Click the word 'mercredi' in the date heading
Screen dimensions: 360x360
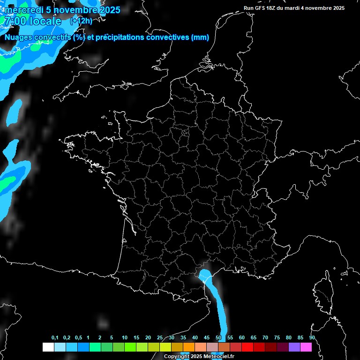tap(23, 10)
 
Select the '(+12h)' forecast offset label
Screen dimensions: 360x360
tap(81, 21)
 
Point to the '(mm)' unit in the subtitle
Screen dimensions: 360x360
tap(200, 37)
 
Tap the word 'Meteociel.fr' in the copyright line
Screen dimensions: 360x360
tap(219, 357)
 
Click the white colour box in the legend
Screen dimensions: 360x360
tap(48, 347)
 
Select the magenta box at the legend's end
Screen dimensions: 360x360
tap(306, 347)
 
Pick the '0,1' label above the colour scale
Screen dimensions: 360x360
tap(55, 338)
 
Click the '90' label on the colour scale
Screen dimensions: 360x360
tap(312, 338)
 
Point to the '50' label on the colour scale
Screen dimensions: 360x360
tap(218, 338)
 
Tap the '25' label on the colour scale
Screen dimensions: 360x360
tap(160, 338)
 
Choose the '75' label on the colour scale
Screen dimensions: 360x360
tap(277, 338)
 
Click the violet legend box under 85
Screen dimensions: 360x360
tap(294, 347)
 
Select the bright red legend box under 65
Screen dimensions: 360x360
tap(247, 347)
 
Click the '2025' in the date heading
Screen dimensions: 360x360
tap(109, 10)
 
